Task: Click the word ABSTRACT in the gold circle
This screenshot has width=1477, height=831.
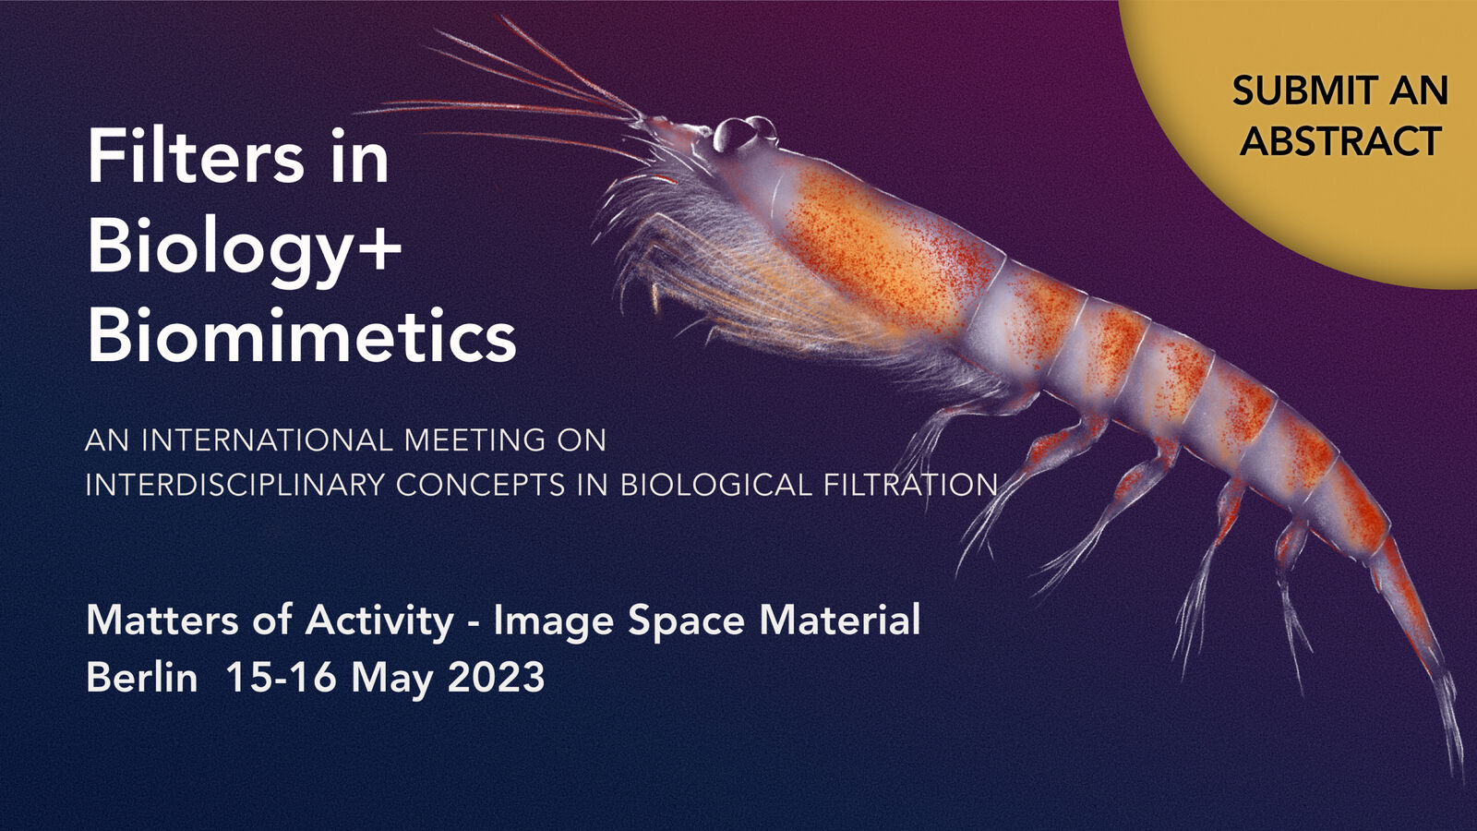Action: [x=1340, y=140]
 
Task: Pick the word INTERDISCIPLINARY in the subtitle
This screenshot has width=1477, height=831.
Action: [x=234, y=486]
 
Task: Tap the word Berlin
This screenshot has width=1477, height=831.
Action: [x=142, y=677]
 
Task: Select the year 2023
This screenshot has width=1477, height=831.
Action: [x=496, y=677]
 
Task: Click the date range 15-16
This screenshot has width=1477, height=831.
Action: [x=281, y=677]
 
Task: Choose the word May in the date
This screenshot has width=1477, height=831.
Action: [x=391, y=680]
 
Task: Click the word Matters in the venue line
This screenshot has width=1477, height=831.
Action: [x=162, y=620]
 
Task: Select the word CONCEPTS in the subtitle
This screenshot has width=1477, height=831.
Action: [x=481, y=486]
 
